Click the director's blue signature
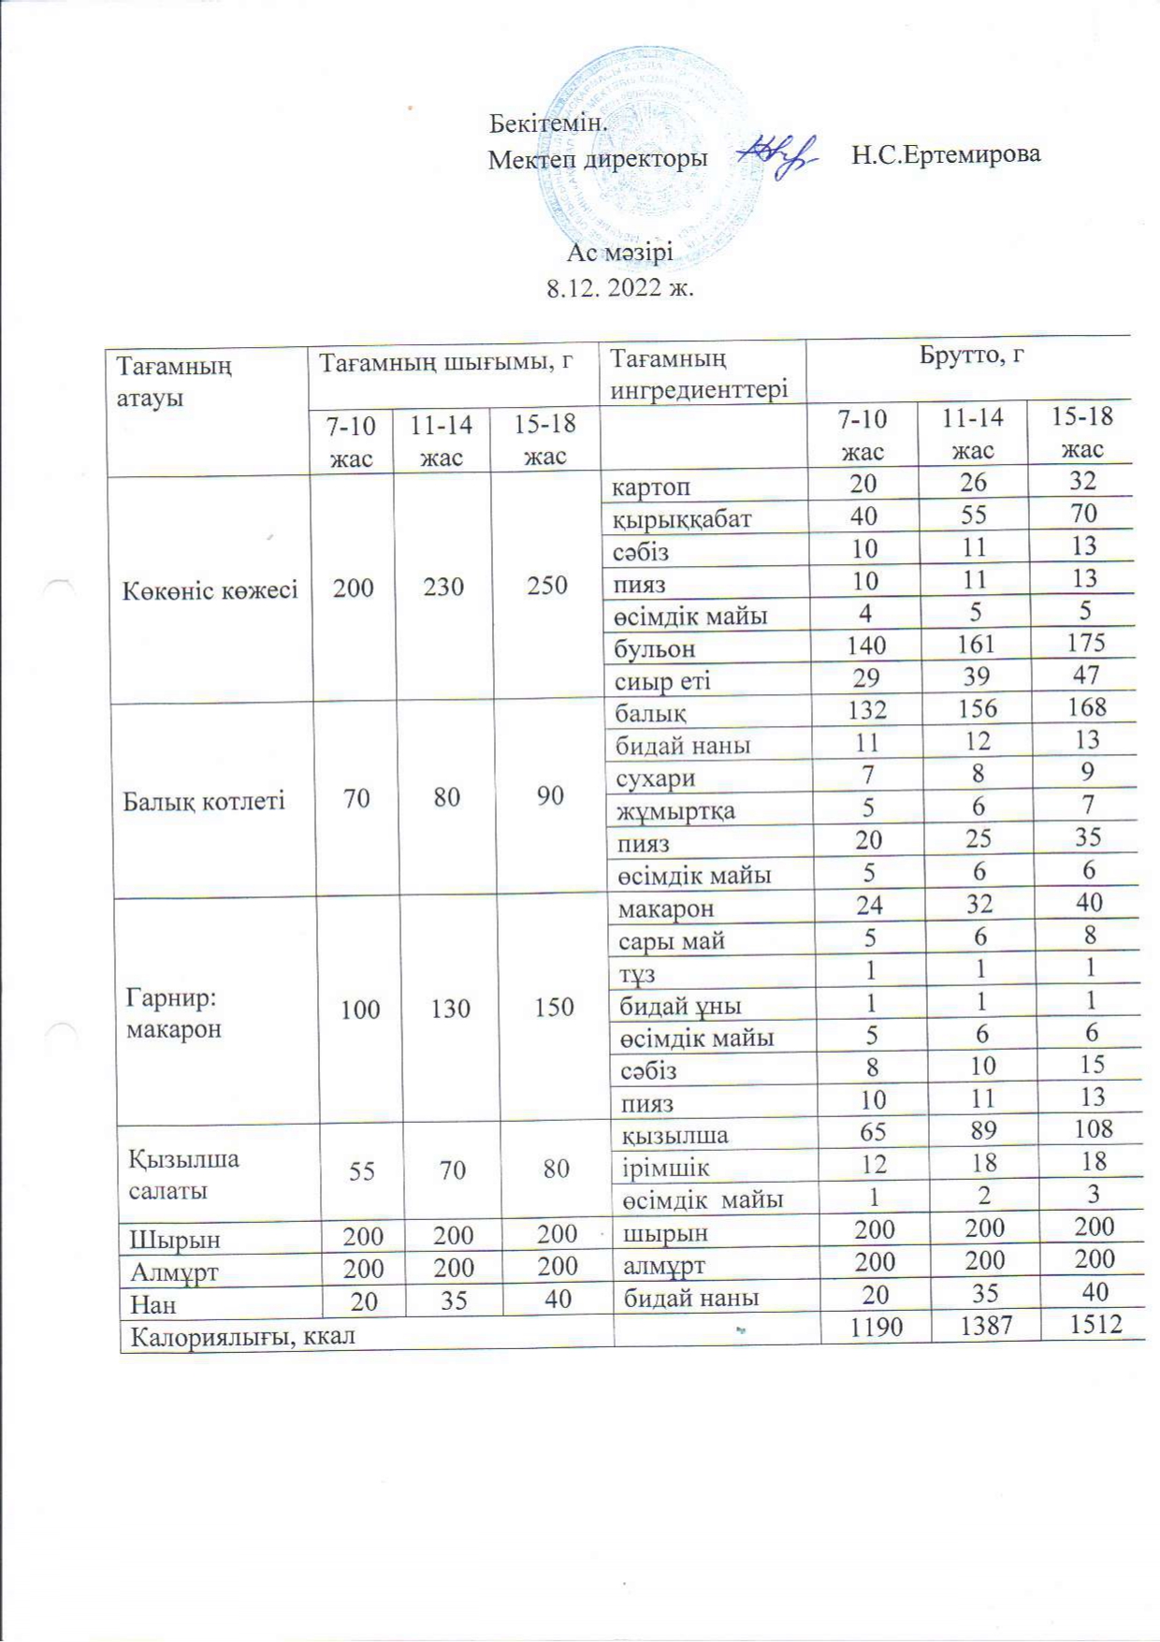(x=778, y=153)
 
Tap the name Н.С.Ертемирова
(x=946, y=153)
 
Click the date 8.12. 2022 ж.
(x=619, y=287)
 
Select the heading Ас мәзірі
(x=619, y=253)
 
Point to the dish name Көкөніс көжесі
(x=210, y=590)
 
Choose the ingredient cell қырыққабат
(x=682, y=518)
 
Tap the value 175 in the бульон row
(x=1085, y=643)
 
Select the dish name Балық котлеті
(x=204, y=801)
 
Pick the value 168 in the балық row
(x=1085, y=707)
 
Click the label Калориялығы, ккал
(x=243, y=1336)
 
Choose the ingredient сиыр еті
(x=662, y=680)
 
